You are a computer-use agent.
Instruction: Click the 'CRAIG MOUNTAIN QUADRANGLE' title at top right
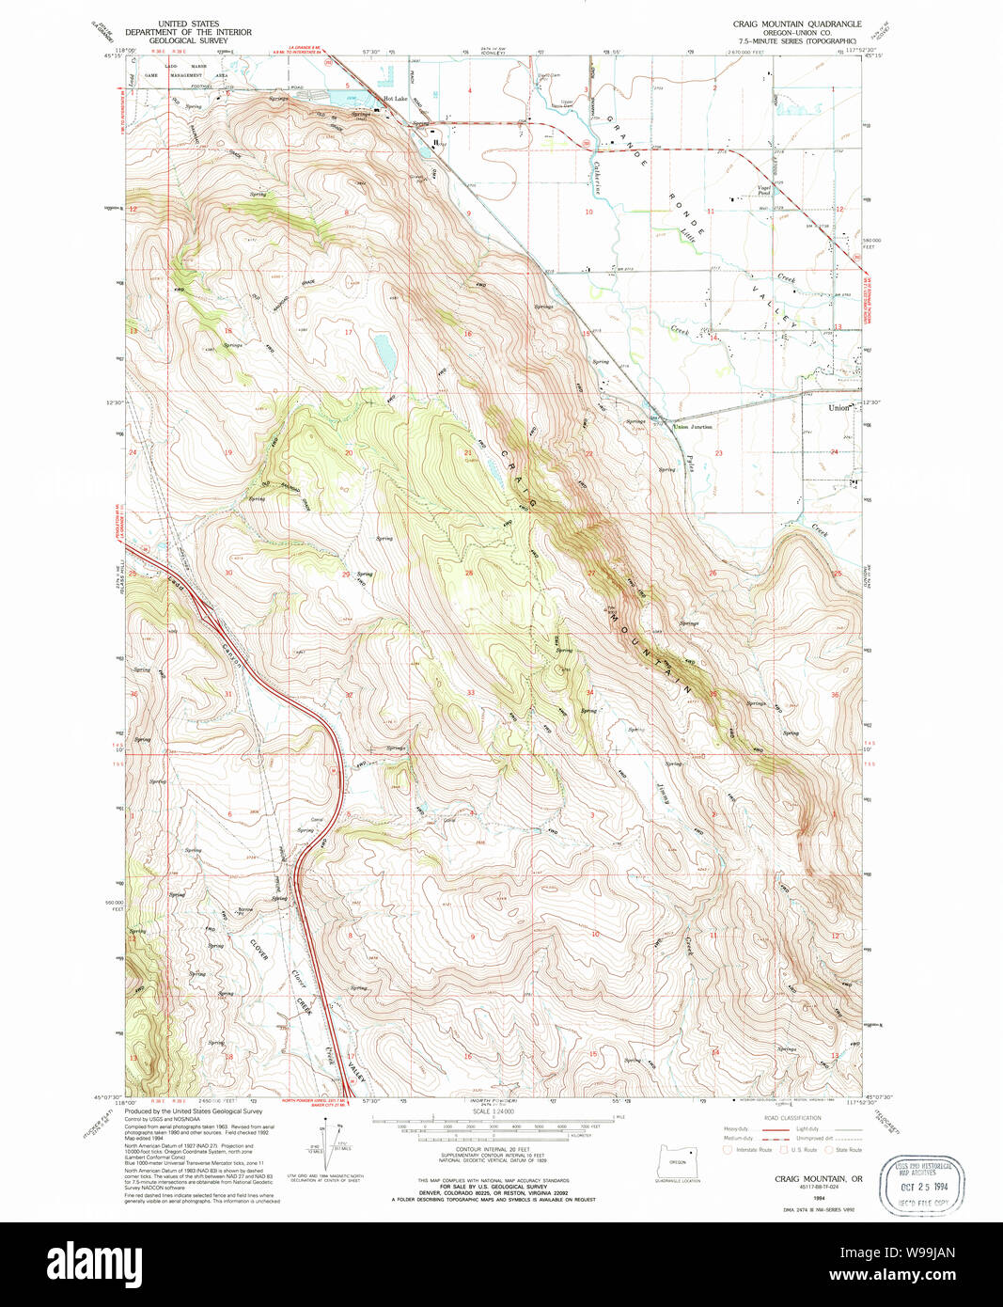(x=794, y=24)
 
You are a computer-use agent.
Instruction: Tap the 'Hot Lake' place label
(x=395, y=99)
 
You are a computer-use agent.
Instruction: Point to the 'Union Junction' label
(x=694, y=427)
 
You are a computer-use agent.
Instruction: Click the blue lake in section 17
(x=384, y=352)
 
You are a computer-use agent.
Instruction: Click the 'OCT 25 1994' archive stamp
(x=921, y=1184)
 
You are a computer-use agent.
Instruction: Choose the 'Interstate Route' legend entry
(x=749, y=1150)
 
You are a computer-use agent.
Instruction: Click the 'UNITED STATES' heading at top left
(x=188, y=24)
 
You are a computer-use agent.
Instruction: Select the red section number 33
(x=470, y=693)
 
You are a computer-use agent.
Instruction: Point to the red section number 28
(x=468, y=573)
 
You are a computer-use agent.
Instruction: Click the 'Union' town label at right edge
(x=838, y=408)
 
